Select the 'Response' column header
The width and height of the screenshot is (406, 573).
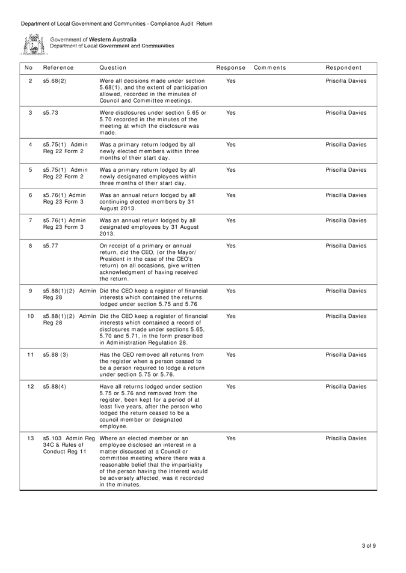[230, 67]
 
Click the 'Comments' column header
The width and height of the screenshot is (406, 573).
[269, 67]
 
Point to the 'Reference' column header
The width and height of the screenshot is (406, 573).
[58, 67]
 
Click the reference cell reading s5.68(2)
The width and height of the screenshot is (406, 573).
[55, 80]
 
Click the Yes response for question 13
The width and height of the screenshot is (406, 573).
[230, 438]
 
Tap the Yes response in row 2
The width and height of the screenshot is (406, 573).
[230, 80]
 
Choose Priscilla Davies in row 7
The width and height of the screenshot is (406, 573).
[346, 220]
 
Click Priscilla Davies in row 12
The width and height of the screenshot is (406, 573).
[346, 386]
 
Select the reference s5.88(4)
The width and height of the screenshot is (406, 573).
[55, 386]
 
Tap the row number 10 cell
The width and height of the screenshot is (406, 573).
[30, 316]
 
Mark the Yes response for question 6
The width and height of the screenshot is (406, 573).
[230, 195]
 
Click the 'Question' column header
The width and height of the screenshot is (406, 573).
[113, 67]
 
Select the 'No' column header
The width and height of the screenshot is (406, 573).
[29, 67]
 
